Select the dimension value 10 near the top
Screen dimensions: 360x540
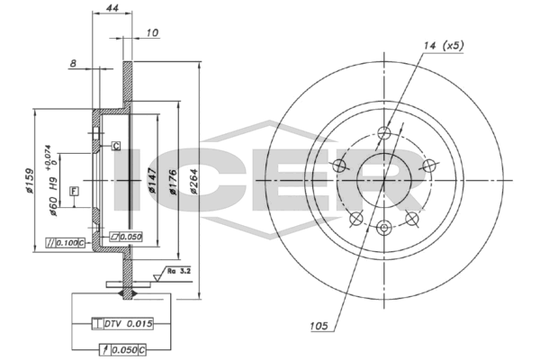(x=152, y=33)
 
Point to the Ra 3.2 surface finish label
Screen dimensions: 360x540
(x=177, y=270)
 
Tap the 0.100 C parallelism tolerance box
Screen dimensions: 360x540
(x=66, y=243)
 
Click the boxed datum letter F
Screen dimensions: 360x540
(x=74, y=190)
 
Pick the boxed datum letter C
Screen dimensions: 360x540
(x=117, y=145)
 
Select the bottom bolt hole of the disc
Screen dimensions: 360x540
(x=382, y=227)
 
